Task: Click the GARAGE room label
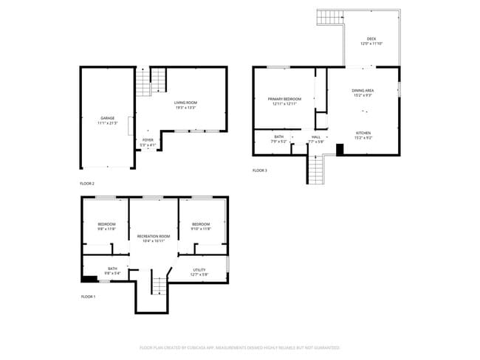108,118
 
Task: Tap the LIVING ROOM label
185,103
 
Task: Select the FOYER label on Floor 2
148,139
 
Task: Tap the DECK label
371,39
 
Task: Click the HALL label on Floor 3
316,136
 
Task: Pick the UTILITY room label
199,269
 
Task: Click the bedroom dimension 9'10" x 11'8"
202,229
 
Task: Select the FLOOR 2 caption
87,183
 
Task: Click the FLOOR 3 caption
260,170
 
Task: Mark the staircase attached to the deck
330,16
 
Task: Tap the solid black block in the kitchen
339,149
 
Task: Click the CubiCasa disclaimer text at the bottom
239,347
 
